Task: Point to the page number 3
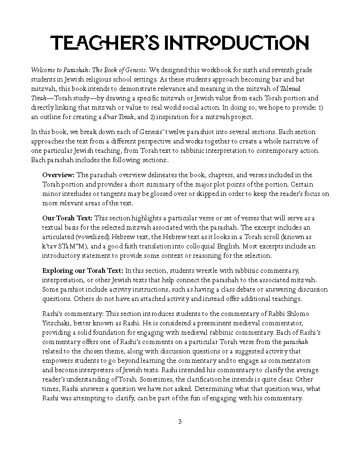(180, 421)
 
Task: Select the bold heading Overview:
(59, 175)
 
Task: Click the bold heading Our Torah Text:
(67, 218)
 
